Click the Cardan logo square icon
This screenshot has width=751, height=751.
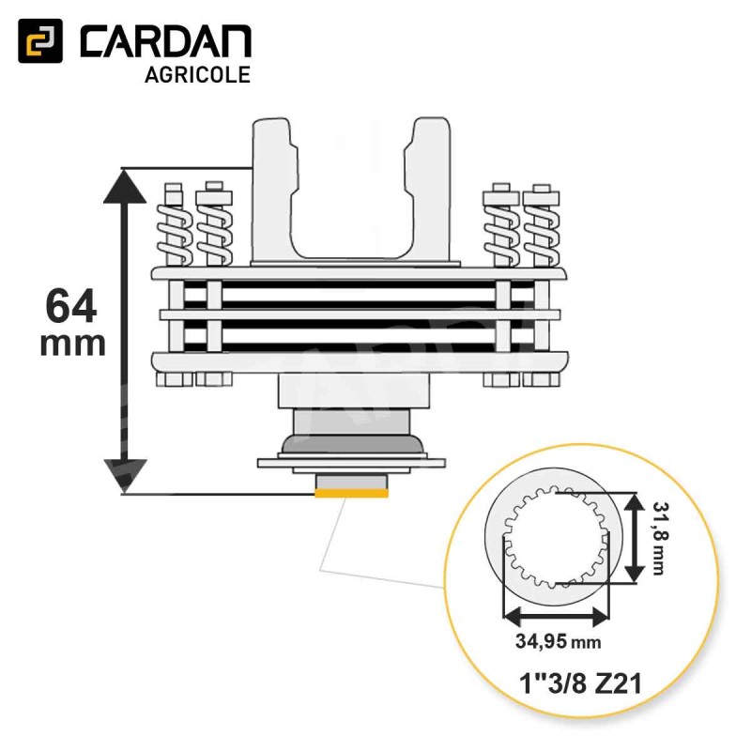point(40,40)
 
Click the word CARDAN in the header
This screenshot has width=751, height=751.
point(165,41)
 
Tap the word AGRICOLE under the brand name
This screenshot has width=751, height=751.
point(197,75)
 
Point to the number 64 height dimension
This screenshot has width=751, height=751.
point(71,307)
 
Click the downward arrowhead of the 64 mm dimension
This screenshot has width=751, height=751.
point(126,475)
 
